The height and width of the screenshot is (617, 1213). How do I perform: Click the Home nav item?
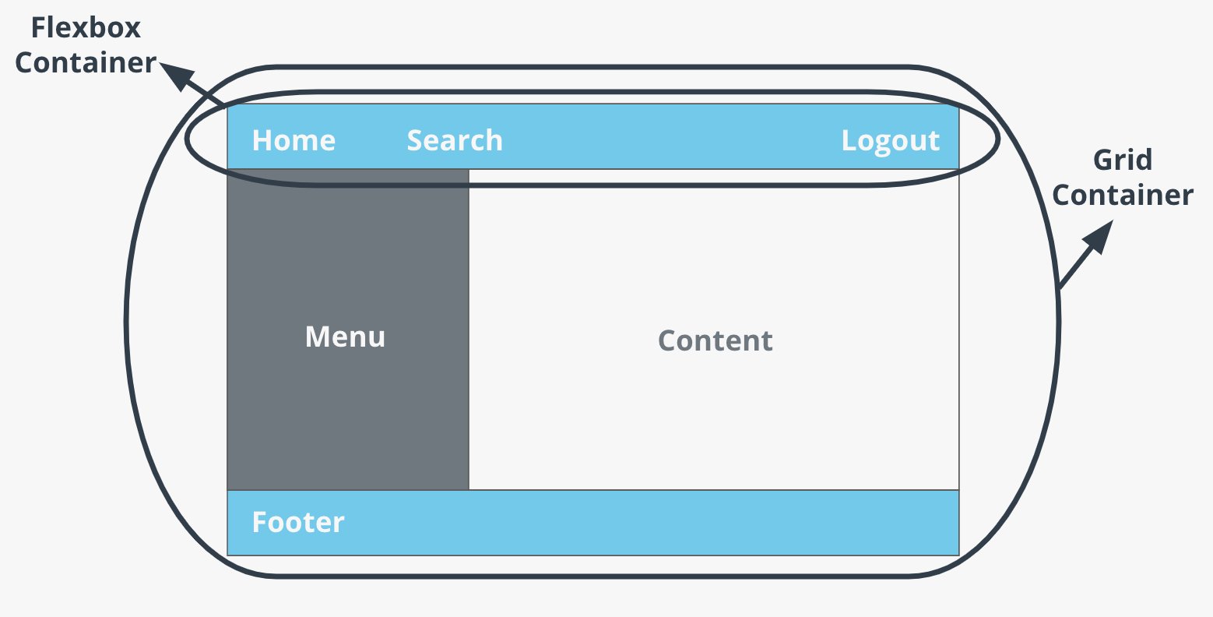click(294, 140)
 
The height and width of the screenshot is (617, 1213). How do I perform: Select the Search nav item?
click(455, 140)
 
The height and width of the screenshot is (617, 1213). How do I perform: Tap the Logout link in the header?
click(891, 141)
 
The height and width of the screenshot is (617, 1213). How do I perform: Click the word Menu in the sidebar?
click(345, 337)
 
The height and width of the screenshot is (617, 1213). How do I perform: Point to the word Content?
click(715, 340)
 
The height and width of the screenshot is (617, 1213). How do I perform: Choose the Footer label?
click(298, 522)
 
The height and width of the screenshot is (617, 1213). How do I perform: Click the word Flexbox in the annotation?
click(86, 28)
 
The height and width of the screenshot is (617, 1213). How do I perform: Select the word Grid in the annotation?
click(1122, 160)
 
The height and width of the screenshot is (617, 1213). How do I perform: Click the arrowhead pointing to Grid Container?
click(1098, 236)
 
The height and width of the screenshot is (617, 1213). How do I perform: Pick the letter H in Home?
click(261, 140)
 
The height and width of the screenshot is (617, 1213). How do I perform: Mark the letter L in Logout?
click(848, 140)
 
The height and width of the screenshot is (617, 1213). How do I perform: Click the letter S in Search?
click(414, 140)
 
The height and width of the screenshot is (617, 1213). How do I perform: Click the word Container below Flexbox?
click(86, 63)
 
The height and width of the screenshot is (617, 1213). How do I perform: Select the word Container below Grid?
click(1122, 195)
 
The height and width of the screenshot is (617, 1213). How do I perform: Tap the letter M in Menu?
click(315, 337)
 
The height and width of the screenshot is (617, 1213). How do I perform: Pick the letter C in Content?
click(667, 340)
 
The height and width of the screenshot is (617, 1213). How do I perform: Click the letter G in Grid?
click(1103, 160)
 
